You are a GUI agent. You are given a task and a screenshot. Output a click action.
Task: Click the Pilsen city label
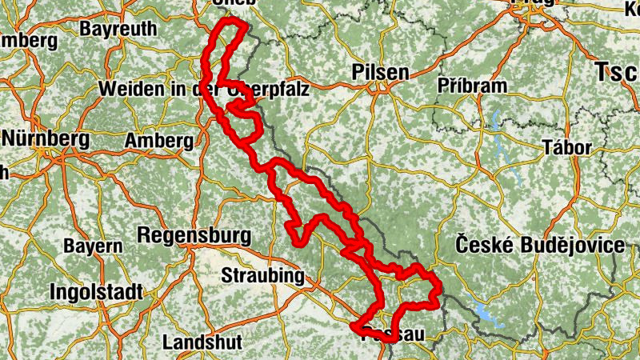tap(380, 73)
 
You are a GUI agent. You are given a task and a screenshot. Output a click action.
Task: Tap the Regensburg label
tap(194, 237)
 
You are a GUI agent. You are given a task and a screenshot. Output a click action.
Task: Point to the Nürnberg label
tap(45, 138)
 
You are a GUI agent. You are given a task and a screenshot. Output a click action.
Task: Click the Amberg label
tap(160, 141)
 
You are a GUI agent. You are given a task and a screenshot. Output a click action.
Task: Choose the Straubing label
tap(262, 277)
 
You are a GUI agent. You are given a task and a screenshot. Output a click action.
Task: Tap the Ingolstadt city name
tap(95, 291)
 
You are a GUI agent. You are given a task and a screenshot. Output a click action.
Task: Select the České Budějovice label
tap(539, 246)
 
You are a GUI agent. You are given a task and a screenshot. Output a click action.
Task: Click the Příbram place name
tap(473, 86)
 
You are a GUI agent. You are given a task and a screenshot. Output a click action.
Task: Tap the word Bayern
tap(93, 246)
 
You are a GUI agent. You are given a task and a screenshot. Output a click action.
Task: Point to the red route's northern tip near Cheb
tap(232, 22)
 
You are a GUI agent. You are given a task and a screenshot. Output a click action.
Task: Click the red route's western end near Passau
tap(354, 326)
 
